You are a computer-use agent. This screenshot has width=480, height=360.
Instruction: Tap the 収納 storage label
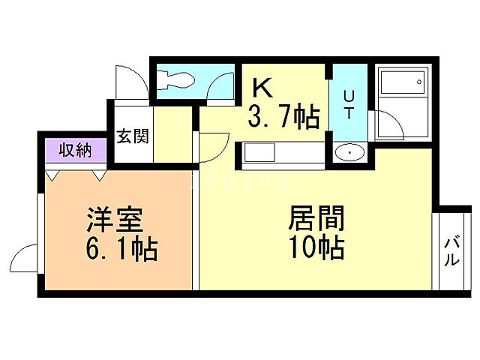tap(75, 150)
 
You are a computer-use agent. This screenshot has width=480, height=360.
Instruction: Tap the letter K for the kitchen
tap(262, 88)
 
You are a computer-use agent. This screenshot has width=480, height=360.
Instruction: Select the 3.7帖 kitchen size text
tap(284, 117)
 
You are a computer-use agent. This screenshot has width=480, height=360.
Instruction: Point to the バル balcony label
tap(452, 252)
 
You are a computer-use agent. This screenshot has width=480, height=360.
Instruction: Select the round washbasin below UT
tap(349, 153)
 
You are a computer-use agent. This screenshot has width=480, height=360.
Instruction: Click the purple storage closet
tap(75, 150)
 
